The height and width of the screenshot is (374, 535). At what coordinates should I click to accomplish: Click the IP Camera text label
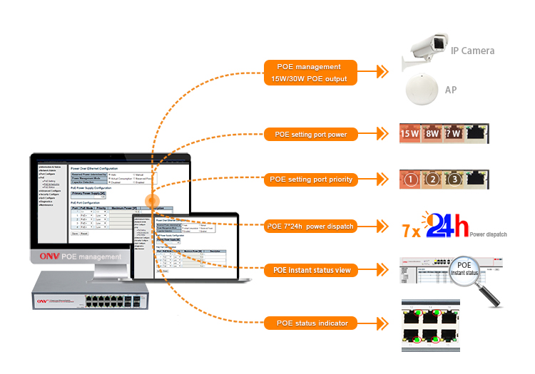click(472, 51)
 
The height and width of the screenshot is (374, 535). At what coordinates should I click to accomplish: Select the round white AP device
click(422, 91)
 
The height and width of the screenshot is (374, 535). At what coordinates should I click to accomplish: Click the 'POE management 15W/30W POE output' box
click(313, 72)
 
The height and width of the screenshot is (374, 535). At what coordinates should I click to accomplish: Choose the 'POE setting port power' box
click(311, 133)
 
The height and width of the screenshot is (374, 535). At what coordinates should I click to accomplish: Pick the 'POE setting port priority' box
click(310, 180)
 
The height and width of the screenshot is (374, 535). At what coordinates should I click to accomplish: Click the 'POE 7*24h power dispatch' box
click(310, 227)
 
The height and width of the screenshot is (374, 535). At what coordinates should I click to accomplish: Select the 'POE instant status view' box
click(310, 271)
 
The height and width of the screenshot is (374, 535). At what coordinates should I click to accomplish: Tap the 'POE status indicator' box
click(310, 323)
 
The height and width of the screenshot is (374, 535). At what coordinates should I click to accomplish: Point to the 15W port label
click(410, 133)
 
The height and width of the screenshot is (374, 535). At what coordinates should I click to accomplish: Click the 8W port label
click(432, 133)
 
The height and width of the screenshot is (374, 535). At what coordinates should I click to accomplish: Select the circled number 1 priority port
click(410, 180)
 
